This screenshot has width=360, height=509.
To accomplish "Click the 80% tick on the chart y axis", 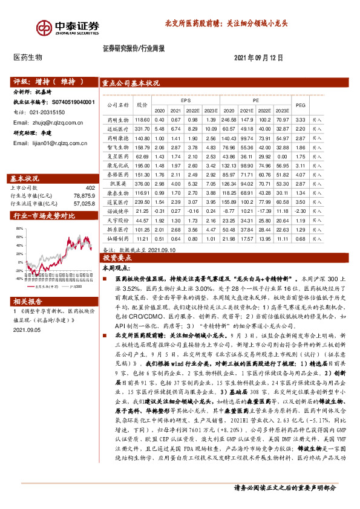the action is [x=19, y=229].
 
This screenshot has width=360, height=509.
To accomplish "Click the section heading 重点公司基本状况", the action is [x=131, y=83].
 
